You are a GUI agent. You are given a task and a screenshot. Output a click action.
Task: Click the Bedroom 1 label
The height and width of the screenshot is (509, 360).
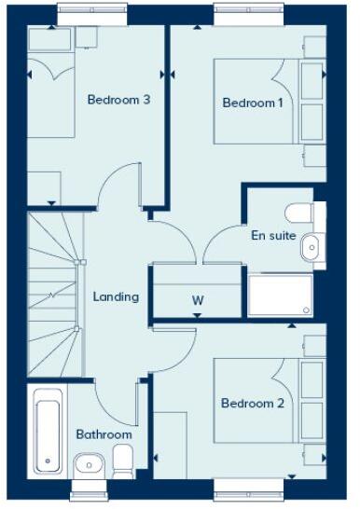coord(253,103)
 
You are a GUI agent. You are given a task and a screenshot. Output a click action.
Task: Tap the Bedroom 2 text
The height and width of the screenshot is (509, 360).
coord(252,404)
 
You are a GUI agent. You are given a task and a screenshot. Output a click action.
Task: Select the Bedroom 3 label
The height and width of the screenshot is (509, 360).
coord(119,100)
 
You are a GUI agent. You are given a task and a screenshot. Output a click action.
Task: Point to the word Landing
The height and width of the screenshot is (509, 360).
coord(116,297)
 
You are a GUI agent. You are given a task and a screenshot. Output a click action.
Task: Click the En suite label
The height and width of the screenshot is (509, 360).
coord(273,236)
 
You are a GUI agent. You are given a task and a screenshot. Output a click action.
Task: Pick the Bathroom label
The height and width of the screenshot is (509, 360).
coord(104,434)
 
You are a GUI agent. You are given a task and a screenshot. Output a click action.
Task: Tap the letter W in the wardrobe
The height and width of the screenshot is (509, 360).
coord(198,300)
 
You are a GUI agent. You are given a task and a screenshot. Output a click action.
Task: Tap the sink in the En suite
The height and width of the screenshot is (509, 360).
coord(311,244)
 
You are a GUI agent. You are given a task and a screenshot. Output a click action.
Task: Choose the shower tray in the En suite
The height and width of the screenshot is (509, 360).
coord(281,295)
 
